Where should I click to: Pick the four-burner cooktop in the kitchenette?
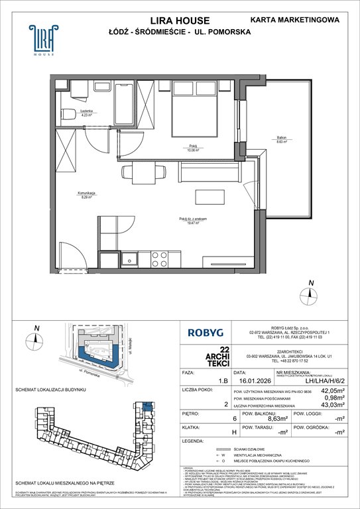point(160,257)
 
